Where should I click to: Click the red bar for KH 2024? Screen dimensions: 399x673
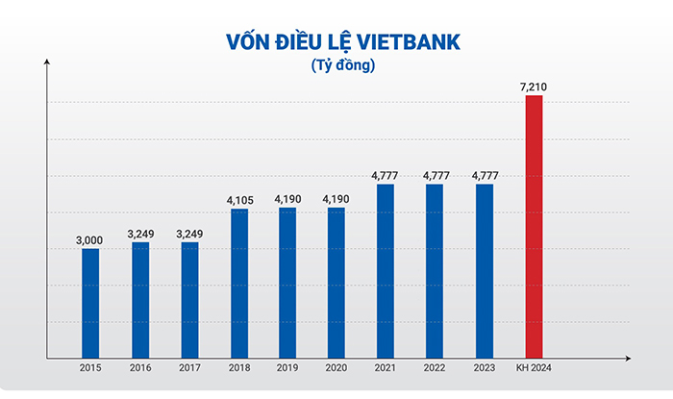pyautogui.click(x=534, y=226)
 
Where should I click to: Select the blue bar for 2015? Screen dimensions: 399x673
pyautogui.click(x=90, y=303)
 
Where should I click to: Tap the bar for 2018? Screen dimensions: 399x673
pyautogui.click(x=238, y=283)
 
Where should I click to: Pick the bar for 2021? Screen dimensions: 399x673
pyautogui.click(x=386, y=270)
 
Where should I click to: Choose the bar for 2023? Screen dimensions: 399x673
pyautogui.click(x=485, y=270)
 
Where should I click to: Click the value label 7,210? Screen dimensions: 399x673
pyautogui.click(x=534, y=87)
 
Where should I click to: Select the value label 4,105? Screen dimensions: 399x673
pyautogui.click(x=238, y=200)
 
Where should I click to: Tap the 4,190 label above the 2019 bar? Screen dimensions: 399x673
pyautogui.click(x=287, y=199)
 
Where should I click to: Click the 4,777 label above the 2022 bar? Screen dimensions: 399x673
pyautogui.click(x=435, y=176)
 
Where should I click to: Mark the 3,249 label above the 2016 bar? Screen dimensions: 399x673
pyautogui.click(x=139, y=234)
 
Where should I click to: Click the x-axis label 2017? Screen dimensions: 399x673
pyautogui.click(x=189, y=368)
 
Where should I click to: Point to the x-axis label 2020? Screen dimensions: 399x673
pyautogui.click(x=336, y=368)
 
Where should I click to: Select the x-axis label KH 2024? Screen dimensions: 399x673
pyautogui.click(x=534, y=368)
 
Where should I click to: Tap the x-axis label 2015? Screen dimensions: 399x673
pyautogui.click(x=90, y=368)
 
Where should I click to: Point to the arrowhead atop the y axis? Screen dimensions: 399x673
pyautogui.click(x=46, y=63)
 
